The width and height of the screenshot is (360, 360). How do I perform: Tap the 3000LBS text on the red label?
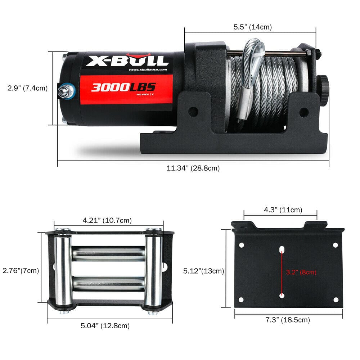(x=123, y=87)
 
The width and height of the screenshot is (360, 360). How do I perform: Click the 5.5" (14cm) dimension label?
(x=252, y=27)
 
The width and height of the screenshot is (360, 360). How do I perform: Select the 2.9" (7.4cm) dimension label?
(x=27, y=88)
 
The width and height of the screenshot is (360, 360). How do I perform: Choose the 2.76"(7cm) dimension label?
(x=21, y=270)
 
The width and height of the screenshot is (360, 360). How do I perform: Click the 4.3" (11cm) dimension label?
(x=283, y=210)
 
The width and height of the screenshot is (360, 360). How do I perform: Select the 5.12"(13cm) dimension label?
(x=203, y=271)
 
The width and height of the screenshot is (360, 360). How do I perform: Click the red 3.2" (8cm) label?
(x=301, y=272)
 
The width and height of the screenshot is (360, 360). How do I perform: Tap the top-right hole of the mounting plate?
(x=335, y=245)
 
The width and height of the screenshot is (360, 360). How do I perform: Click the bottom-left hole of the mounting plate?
(x=241, y=299)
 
